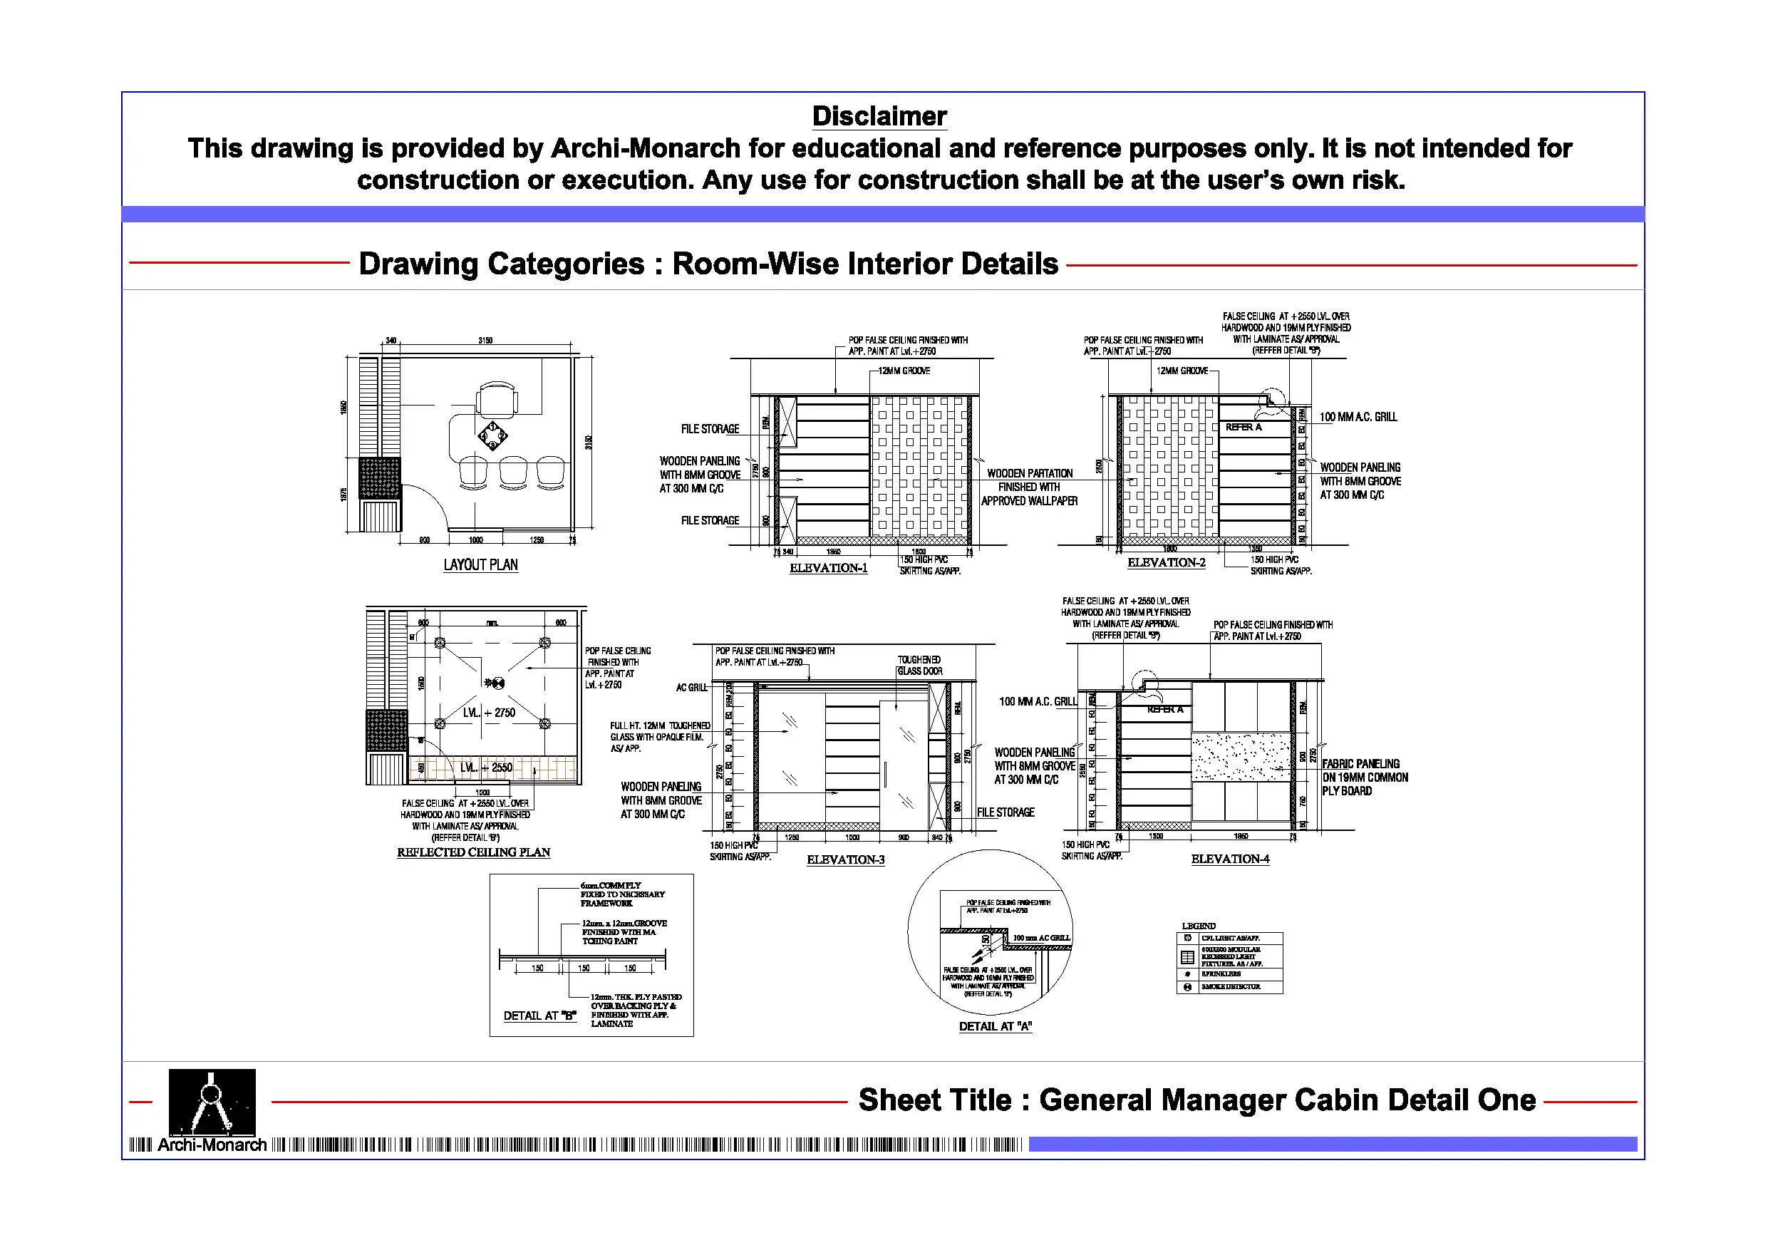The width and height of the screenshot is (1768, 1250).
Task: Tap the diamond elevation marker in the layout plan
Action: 493,435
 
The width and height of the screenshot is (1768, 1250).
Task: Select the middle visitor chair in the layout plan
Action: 513,471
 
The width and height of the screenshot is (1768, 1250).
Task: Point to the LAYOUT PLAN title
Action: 480,564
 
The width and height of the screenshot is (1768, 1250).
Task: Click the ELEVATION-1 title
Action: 829,569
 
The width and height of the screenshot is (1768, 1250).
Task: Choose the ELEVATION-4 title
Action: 1230,859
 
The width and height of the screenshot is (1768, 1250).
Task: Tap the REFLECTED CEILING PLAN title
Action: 474,852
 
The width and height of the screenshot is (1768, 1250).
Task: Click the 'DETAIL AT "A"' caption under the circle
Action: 995,1026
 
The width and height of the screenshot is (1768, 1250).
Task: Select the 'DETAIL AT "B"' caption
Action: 539,1016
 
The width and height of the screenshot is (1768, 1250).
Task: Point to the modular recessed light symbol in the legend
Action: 1187,957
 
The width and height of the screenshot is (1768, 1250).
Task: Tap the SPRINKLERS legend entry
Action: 1221,974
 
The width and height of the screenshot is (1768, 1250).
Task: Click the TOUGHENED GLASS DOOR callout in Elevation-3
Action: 919,666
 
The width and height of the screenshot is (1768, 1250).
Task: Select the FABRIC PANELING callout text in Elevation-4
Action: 1365,777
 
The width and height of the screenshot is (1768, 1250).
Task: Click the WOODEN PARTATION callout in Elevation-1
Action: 1030,487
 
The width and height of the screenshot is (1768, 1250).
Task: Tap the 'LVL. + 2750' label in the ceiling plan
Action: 489,713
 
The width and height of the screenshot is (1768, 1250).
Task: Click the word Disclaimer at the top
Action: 879,116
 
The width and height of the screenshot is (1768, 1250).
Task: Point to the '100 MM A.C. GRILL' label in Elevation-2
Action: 1358,417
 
